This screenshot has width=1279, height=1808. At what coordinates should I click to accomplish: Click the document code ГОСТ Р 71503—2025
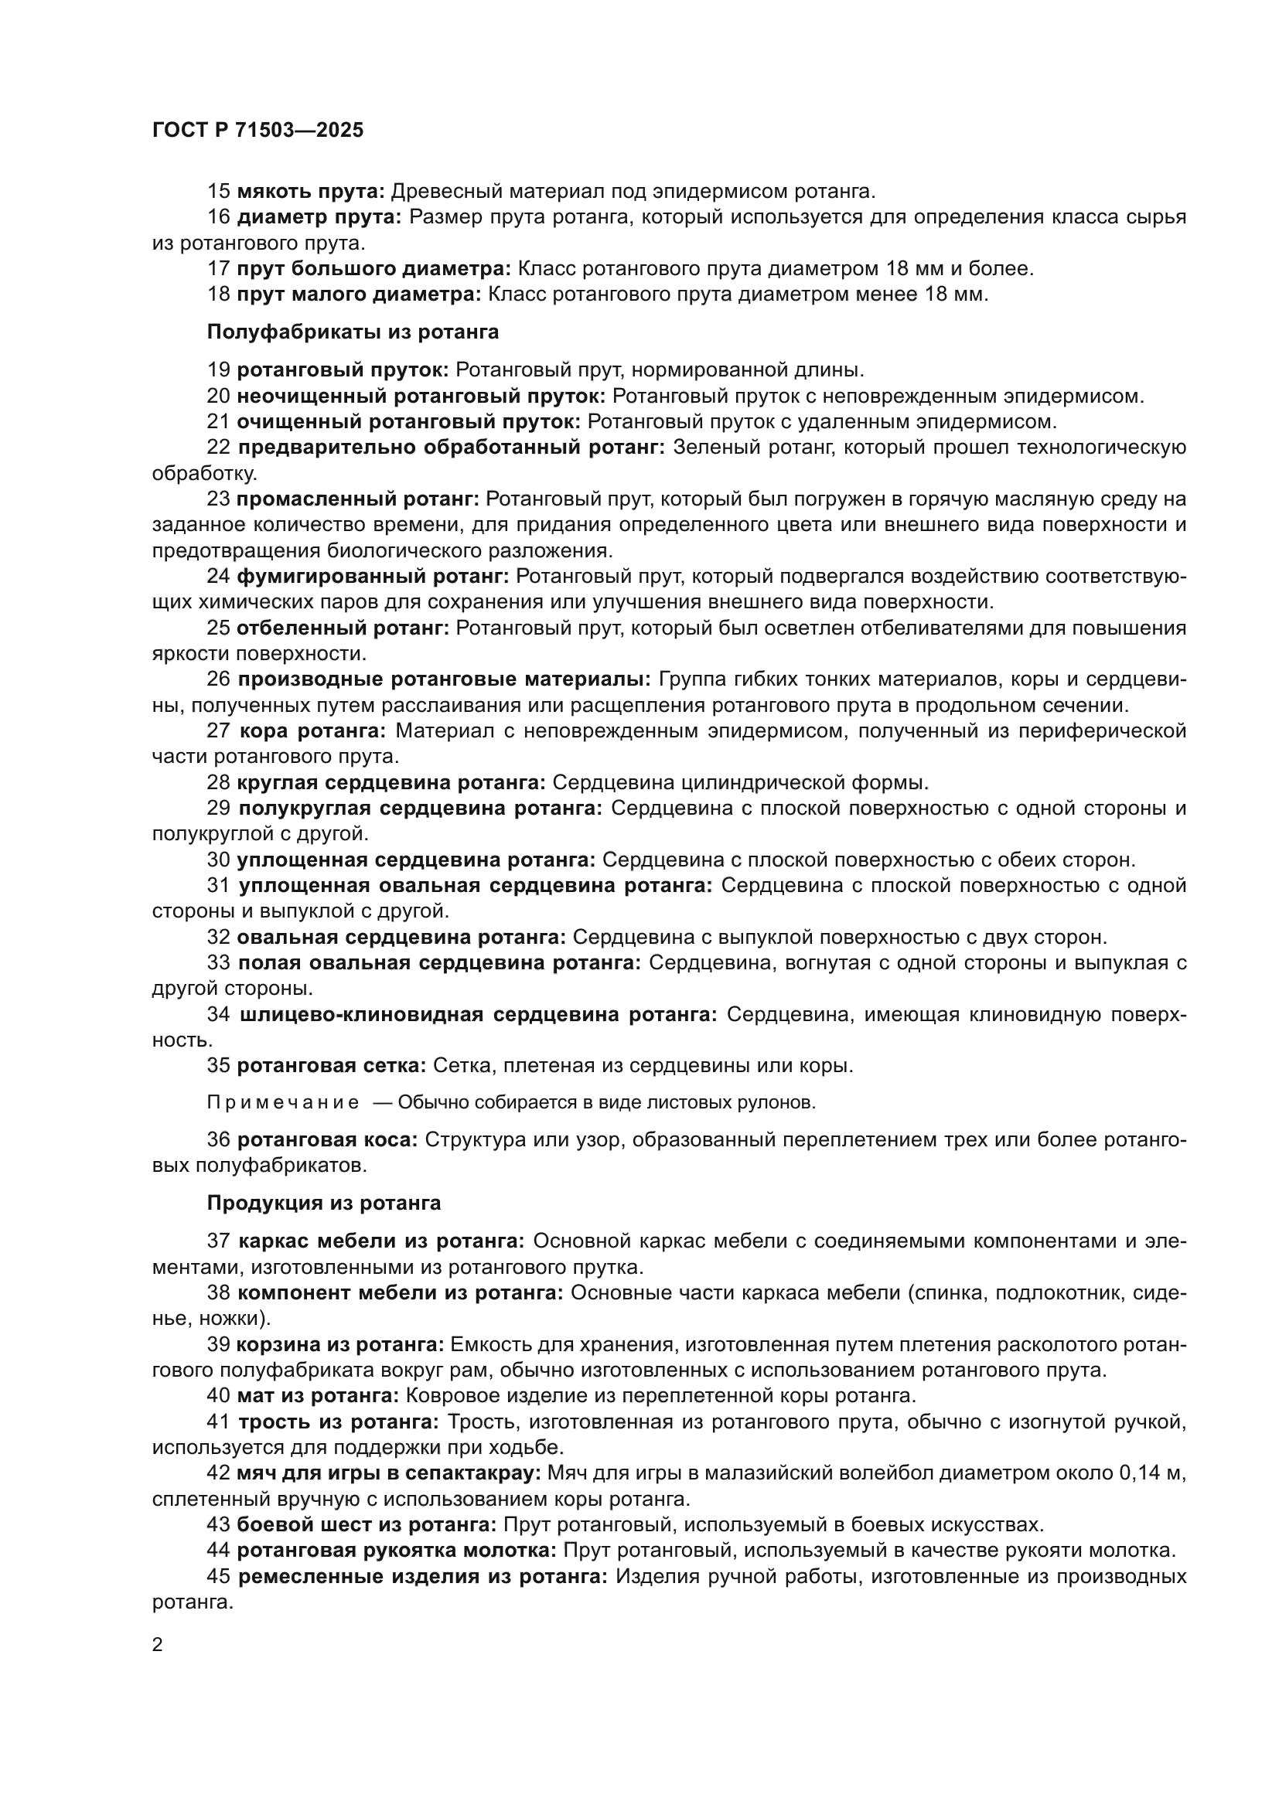click(258, 130)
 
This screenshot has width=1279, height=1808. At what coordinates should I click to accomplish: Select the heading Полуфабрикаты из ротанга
click(353, 332)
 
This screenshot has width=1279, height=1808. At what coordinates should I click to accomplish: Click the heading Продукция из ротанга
click(324, 1204)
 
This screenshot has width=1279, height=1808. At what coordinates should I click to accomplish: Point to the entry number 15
click(218, 192)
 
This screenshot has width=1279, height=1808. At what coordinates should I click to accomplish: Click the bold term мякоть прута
click(310, 192)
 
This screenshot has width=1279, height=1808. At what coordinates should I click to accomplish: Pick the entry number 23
click(218, 499)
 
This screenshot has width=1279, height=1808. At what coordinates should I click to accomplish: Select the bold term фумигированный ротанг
click(373, 577)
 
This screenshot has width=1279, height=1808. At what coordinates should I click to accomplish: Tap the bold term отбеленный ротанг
click(343, 628)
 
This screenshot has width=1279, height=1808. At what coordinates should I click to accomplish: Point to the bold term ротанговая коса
click(327, 1140)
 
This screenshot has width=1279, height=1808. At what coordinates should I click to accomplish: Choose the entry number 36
click(218, 1140)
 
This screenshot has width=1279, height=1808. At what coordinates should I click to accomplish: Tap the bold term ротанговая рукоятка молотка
click(397, 1551)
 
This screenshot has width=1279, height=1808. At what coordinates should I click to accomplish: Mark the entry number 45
click(218, 1576)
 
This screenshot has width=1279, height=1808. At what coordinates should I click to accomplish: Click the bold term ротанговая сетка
click(332, 1065)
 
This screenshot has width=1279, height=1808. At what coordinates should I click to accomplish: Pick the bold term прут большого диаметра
click(373, 268)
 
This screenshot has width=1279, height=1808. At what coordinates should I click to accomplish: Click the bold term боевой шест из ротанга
click(367, 1524)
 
